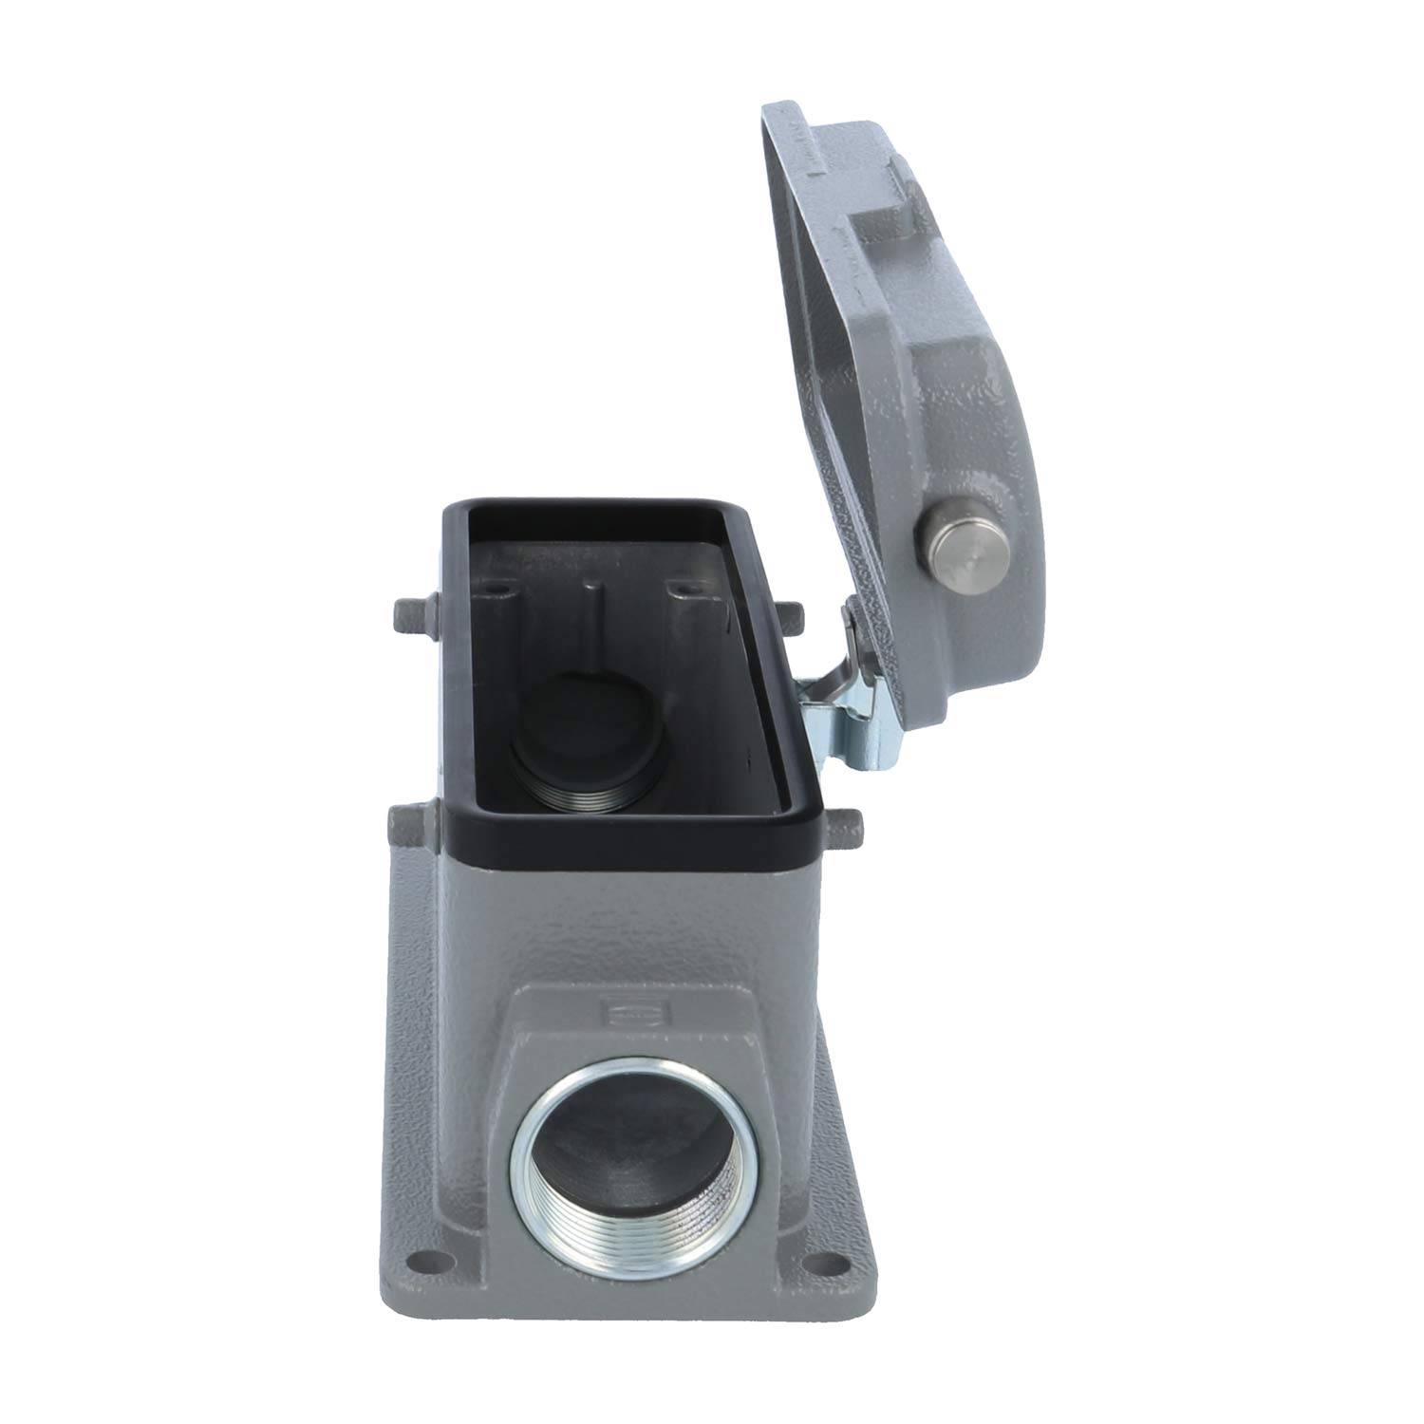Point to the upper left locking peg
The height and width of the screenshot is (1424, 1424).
(x=411, y=618)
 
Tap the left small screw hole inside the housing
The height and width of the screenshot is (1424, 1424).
(x=494, y=592)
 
